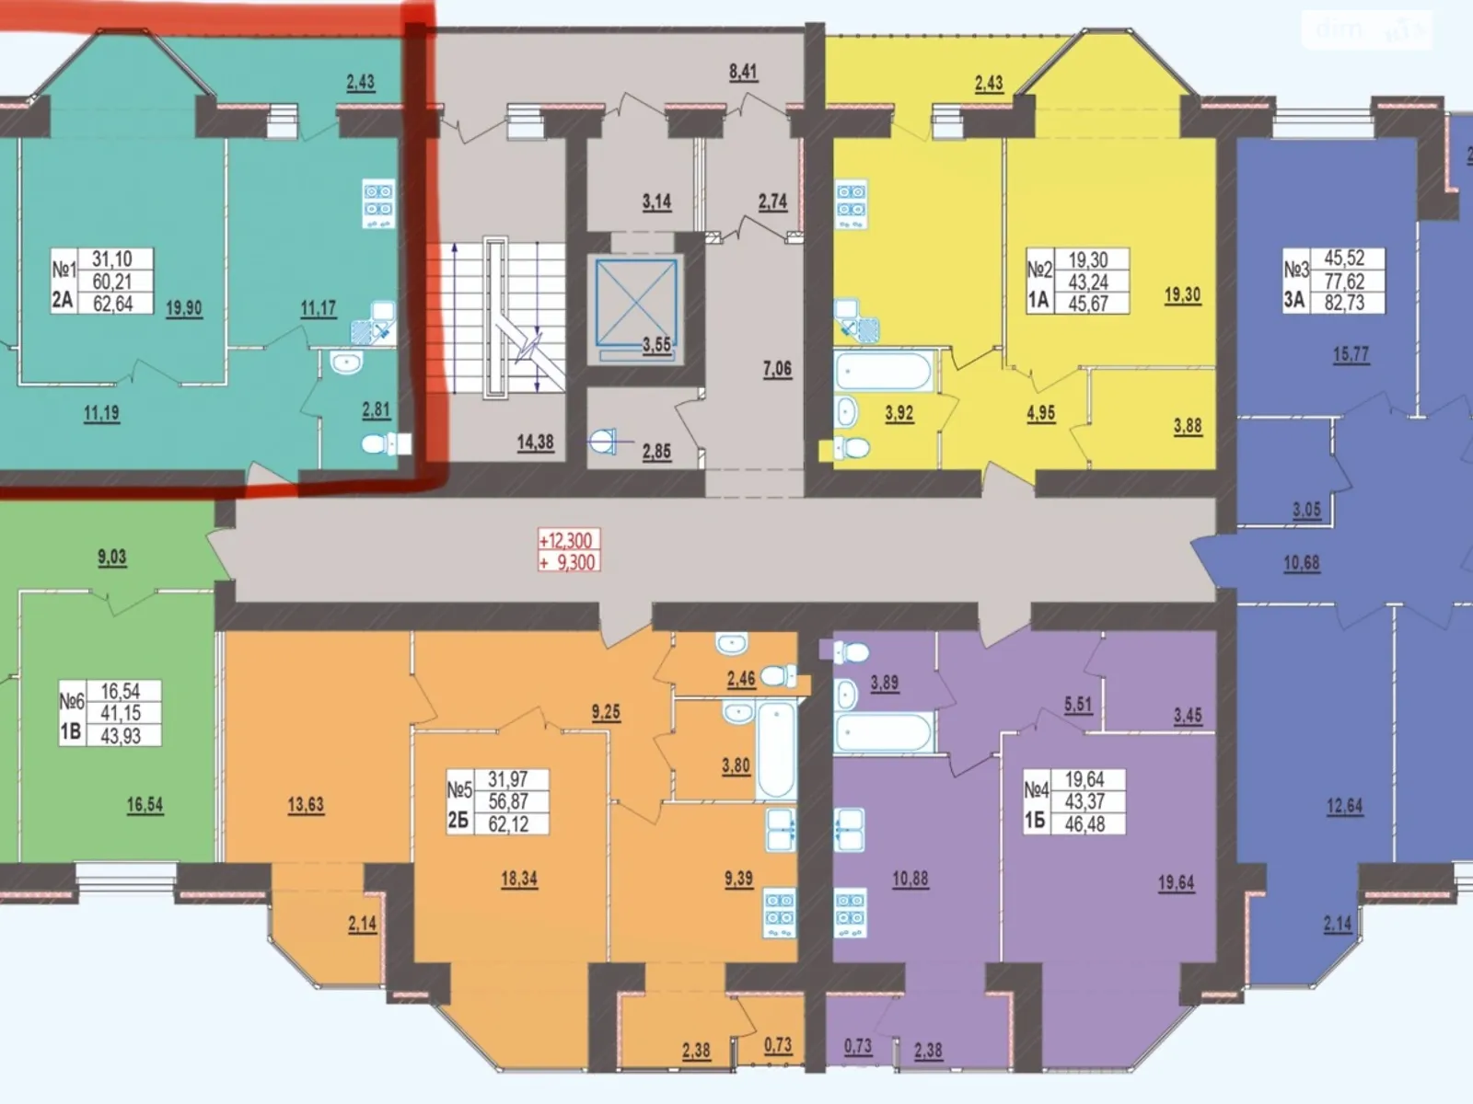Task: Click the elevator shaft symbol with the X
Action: (x=635, y=303)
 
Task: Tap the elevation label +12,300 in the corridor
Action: (x=565, y=540)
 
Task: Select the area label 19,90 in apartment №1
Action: (x=184, y=308)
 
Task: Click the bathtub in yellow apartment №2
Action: (x=883, y=372)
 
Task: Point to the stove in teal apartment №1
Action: (x=378, y=202)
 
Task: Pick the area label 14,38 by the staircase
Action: (x=535, y=443)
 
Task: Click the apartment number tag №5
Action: (x=459, y=790)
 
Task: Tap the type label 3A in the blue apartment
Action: (x=1294, y=301)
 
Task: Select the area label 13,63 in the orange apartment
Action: (x=306, y=804)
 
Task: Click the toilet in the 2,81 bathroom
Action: (x=386, y=443)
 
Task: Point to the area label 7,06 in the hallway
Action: (x=776, y=369)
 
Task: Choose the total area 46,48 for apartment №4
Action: (x=1084, y=823)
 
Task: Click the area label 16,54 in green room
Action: (x=145, y=804)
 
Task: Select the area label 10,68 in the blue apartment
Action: (x=1301, y=563)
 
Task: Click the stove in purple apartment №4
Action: (x=850, y=913)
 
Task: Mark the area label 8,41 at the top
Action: (x=743, y=72)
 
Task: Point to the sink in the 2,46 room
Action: (x=732, y=644)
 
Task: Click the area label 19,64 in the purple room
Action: (x=1176, y=883)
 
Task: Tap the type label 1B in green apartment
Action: (x=71, y=732)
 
